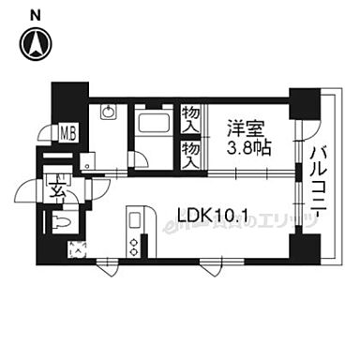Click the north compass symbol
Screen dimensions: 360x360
[x=36, y=42]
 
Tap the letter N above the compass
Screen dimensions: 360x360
[x=35, y=14]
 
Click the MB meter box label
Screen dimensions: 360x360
[x=69, y=133]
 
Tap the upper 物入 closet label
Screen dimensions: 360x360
[x=191, y=119]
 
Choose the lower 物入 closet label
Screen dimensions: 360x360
[x=191, y=151]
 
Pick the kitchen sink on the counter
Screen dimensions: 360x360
[x=132, y=224]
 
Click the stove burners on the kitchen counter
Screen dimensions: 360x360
[x=132, y=247]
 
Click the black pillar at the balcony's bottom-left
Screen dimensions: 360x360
[x=304, y=247]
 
